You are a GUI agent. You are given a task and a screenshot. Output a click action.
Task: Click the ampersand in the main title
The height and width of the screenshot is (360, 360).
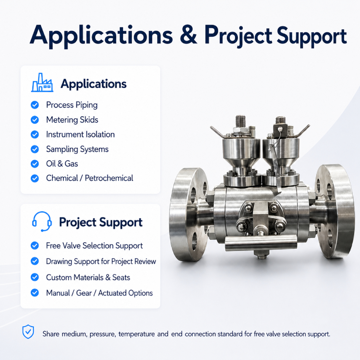tap(189, 35)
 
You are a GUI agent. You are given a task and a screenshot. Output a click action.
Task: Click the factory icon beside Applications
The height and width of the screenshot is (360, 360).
tap(42, 83)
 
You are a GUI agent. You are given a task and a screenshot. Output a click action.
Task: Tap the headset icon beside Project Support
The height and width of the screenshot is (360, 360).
tap(41, 221)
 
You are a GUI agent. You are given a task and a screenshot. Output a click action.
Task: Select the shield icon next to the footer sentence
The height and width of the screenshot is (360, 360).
tap(28, 332)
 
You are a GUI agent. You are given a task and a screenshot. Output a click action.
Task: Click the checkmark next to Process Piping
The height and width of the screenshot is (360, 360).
tap(35, 105)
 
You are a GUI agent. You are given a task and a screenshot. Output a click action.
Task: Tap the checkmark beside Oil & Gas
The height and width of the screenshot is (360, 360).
tap(35, 164)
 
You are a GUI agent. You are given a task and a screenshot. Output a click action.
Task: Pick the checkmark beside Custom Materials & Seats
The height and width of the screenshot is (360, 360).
tap(35, 277)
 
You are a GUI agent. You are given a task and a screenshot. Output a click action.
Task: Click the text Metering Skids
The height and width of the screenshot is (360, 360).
tap(72, 120)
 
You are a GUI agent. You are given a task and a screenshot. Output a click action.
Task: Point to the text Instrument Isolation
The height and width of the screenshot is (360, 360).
tap(80, 135)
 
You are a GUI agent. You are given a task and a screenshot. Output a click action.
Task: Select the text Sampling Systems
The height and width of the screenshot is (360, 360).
tap(77, 149)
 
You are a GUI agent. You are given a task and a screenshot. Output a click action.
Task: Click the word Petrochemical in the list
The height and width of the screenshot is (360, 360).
tap(109, 178)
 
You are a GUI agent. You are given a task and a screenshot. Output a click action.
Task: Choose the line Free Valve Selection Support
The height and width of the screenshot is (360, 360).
tap(94, 246)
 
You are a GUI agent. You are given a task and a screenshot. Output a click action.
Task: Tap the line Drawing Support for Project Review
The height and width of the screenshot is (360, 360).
tap(101, 261)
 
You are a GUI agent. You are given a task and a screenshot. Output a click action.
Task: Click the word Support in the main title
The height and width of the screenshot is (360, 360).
tap(312, 37)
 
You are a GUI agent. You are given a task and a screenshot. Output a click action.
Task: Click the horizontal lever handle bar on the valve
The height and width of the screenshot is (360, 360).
tap(261, 243)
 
